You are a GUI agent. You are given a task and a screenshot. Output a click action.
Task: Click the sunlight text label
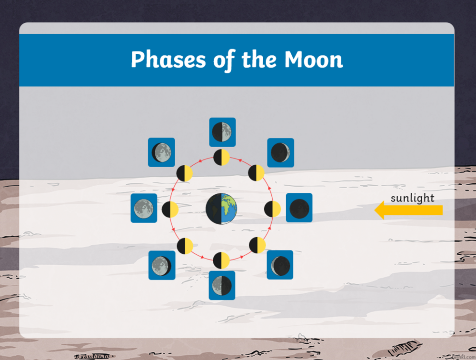click(412, 198)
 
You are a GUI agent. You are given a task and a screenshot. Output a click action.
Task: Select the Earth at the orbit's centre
click(221, 209)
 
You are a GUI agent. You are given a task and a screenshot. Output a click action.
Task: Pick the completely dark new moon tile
click(299, 208)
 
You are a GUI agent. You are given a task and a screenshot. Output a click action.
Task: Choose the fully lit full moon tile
click(144, 208)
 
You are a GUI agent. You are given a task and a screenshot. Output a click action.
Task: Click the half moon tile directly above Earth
click(222, 132)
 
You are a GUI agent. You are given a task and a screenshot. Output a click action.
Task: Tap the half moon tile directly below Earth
click(222, 285)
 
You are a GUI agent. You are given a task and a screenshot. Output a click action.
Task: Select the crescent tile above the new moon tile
click(280, 152)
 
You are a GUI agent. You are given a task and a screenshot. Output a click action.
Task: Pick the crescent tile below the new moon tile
click(280, 265)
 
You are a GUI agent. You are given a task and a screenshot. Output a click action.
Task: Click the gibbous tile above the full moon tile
click(161, 152)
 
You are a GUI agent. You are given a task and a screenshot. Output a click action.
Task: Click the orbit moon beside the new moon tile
click(272, 209)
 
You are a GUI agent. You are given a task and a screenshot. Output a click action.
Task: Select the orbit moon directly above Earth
click(221, 157)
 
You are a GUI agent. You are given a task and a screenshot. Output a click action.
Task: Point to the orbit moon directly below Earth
click(221, 260)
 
